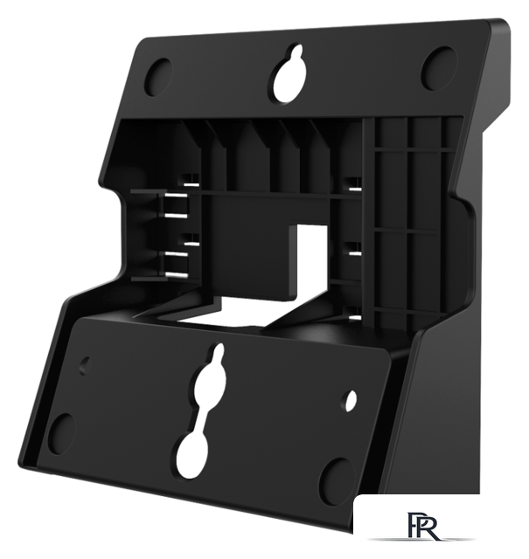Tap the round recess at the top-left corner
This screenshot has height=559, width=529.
158,77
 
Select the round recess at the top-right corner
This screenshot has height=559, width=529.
440,68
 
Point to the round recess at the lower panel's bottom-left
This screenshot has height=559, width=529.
61,434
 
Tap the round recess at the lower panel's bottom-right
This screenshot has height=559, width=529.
338,482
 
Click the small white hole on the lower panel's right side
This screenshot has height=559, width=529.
351,400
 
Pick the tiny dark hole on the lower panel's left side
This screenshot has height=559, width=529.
85,366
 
